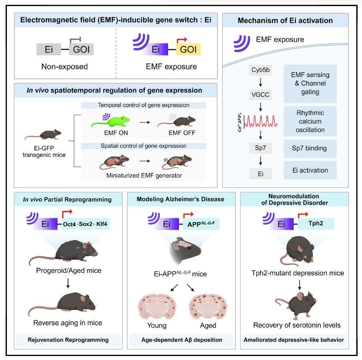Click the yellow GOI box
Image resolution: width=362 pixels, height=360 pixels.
pos(188,49)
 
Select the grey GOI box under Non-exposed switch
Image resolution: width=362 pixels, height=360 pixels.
pos(81,49)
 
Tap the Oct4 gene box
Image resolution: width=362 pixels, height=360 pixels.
pos(72,224)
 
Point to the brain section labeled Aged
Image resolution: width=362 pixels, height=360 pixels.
pos(208,304)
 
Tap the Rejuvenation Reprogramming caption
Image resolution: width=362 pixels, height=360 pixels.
pos(68,340)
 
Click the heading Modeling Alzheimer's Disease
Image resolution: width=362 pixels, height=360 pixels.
pos(180,199)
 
